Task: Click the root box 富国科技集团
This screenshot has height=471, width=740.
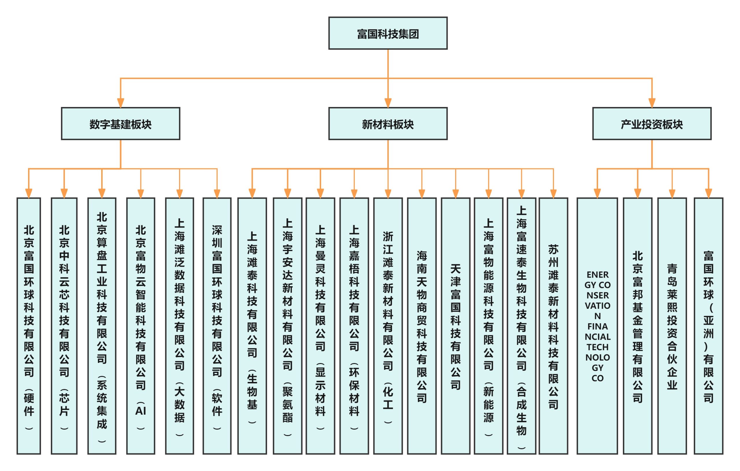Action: pyautogui.click(x=388, y=33)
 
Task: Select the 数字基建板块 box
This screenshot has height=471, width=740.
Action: pyautogui.click(x=121, y=123)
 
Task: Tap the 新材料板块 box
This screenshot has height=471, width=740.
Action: pyautogui.click(x=388, y=123)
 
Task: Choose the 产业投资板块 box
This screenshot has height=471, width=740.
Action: pyautogui.click(x=652, y=123)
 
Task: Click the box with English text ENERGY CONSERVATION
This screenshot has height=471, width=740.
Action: pyautogui.click(x=597, y=326)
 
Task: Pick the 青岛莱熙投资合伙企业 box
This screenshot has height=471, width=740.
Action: pyautogui.click(x=672, y=326)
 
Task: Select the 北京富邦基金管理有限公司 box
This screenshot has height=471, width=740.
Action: pyautogui.click(x=637, y=326)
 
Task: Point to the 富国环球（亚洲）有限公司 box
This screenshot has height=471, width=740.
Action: pyautogui.click(x=708, y=326)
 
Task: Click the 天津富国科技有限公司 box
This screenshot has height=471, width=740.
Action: pyautogui.click(x=456, y=326)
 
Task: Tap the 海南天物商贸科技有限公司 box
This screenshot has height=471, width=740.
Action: pyautogui.click(x=422, y=326)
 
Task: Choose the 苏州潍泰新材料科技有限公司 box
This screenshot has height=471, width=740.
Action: pyautogui.click(x=553, y=326)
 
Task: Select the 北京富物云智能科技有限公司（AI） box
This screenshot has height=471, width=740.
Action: pyautogui.click(x=140, y=326)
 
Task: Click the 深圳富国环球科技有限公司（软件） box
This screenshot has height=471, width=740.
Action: pyautogui.click(x=217, y=326)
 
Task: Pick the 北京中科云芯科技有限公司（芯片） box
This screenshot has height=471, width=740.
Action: pyautogui.click(x=64, y=326)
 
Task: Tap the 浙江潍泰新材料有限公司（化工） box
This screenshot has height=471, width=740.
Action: pyautogui.click(x=388, y=326)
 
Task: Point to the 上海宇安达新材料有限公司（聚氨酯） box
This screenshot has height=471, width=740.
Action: pyautogui.click(x=287, y=326)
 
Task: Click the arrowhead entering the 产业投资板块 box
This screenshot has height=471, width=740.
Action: pyautogui.click(x=652, y=103)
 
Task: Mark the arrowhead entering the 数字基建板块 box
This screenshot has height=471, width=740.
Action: pyautogui.click(x=121, y=103)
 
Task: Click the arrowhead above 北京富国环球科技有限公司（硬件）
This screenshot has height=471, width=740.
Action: pyautogui.click(x=29, y=193)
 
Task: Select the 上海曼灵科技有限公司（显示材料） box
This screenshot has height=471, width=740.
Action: pyautogui.click(x=320, y=326)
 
